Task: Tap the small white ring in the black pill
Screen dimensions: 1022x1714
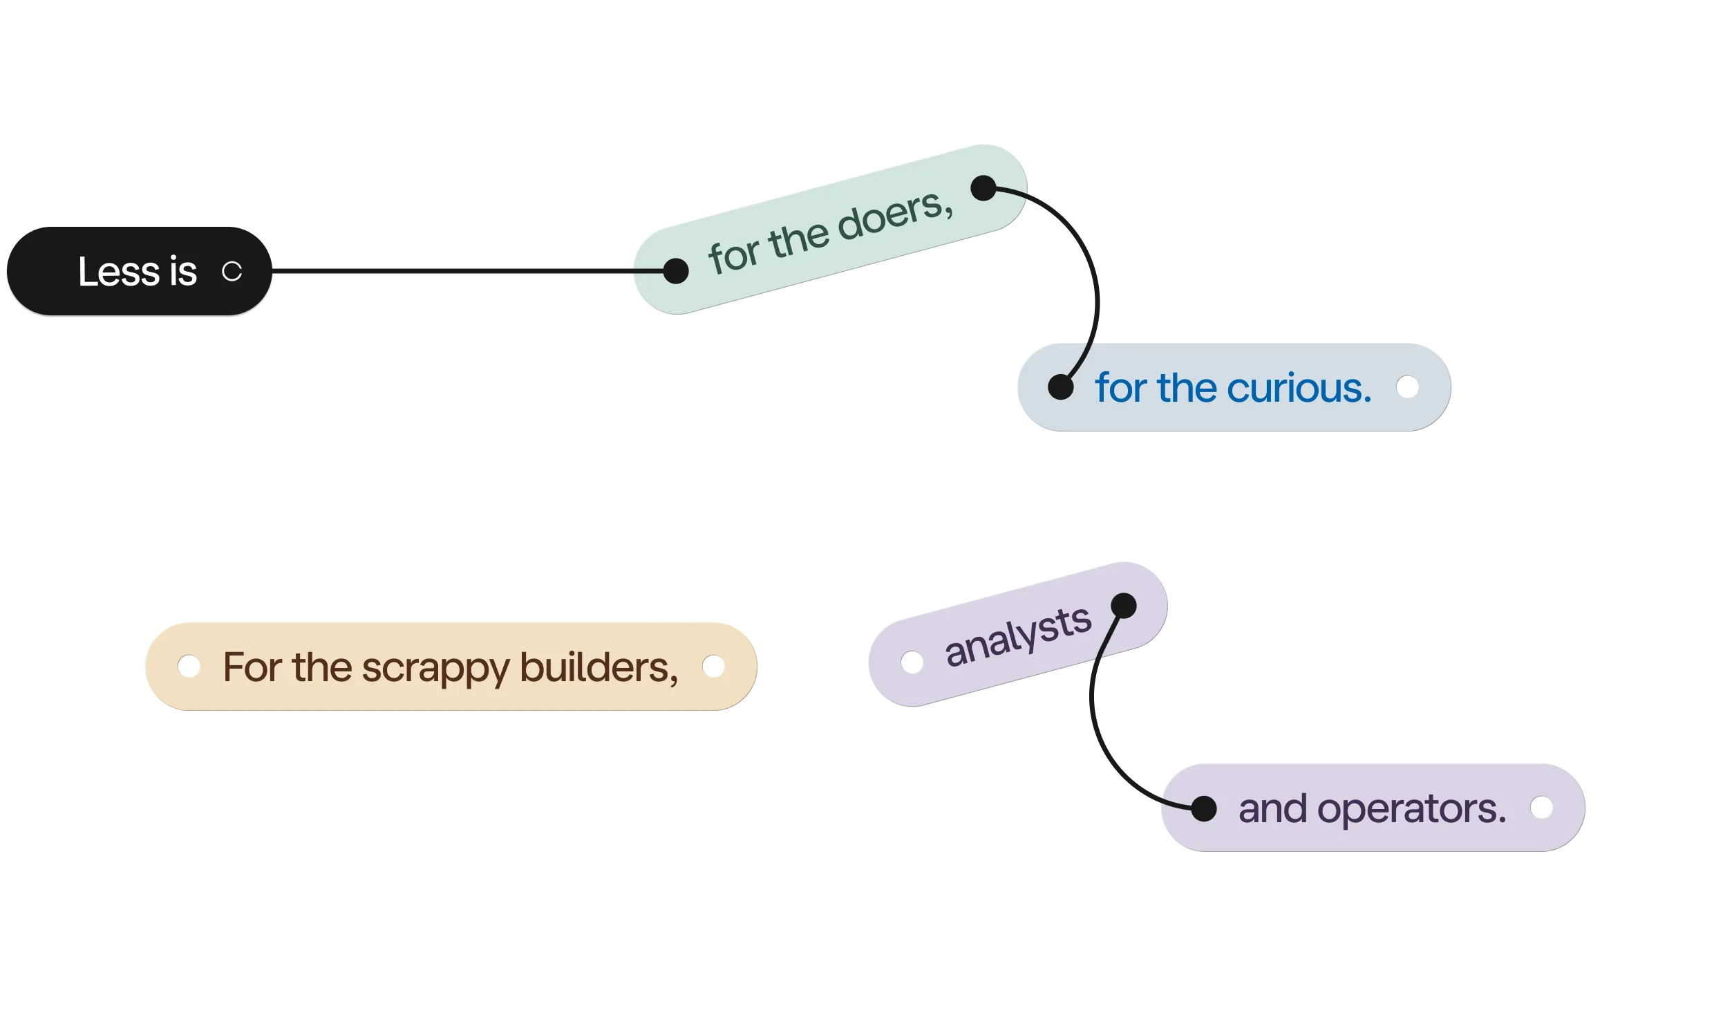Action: tap(232, 271)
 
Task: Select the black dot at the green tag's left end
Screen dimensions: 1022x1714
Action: tap(675, 270)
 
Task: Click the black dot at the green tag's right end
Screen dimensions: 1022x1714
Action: tap(983, 187)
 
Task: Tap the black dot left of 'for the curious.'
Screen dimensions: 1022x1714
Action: tap(1060, 387)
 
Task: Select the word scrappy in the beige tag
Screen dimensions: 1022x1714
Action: tap(436, 668)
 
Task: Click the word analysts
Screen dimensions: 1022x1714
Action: tap(1017, 636)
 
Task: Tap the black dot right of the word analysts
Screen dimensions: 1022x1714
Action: tap(1123, 606)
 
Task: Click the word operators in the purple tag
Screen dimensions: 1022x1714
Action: tap(1411, 808)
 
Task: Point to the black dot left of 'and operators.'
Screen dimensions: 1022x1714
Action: tap(1203, 808)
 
